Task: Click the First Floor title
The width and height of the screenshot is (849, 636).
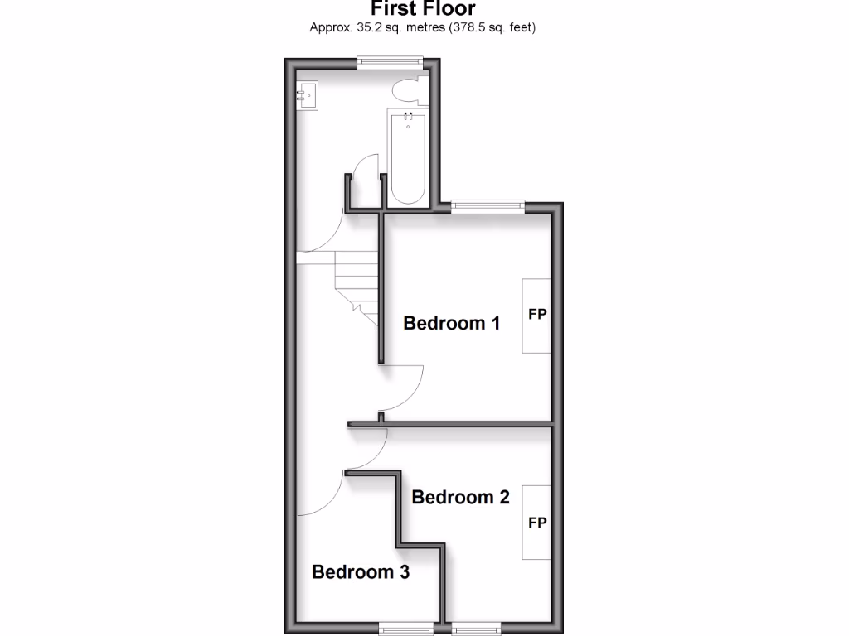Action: (x=423, y=9)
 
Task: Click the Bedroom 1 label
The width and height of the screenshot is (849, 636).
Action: (x=451, y=323)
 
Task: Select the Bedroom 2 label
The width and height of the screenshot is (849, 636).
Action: (x=460, y=497)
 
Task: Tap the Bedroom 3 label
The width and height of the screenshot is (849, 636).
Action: (x=361, y=571)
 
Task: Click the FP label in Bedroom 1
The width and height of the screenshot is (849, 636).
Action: (x=537, y=316)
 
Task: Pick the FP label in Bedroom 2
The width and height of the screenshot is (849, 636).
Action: (x=537, y=523)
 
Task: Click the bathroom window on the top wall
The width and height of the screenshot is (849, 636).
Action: (x=391, y=60)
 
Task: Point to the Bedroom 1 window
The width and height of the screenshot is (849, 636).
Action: (x=488, y=205)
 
